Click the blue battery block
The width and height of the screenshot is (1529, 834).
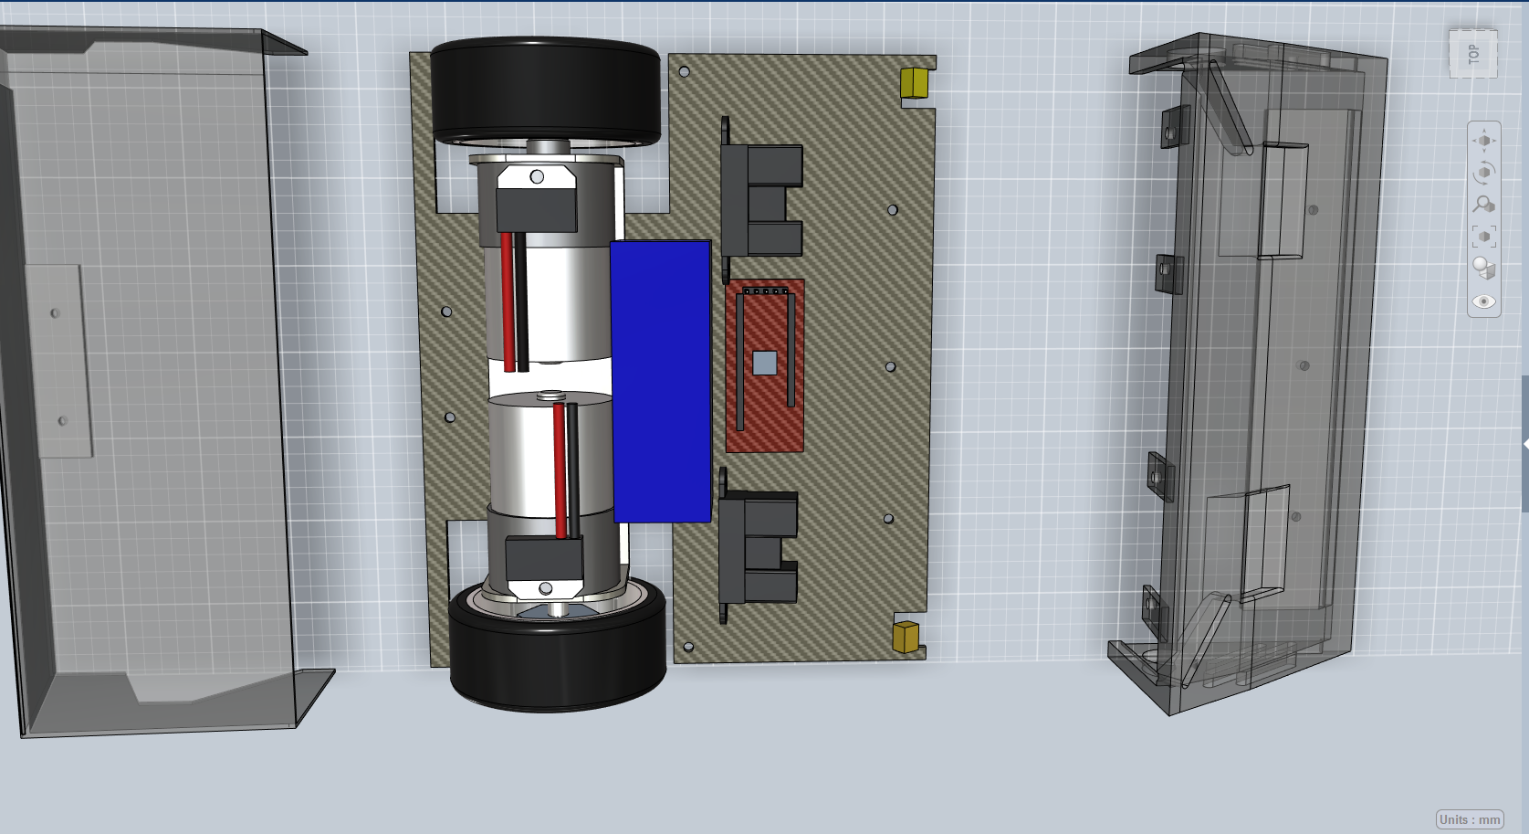pyautogui.click(x=662, y=381)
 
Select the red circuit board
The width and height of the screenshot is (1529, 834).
pyautogui.click(x=765, y=365)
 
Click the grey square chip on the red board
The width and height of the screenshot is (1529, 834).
pyautogui.click(x=765, y=363)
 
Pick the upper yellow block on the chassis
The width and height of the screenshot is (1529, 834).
pyautogui.click(x=914, y=82)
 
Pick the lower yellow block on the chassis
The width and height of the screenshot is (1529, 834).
pyautogui.click(x=906, y=637)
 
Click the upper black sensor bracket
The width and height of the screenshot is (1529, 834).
pyautogui.click(x=760, y=198)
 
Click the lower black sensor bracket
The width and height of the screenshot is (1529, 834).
pyautogui.click(x=757, y=546)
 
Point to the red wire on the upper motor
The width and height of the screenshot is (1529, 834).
pyautogui.click(x=508, y=302)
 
